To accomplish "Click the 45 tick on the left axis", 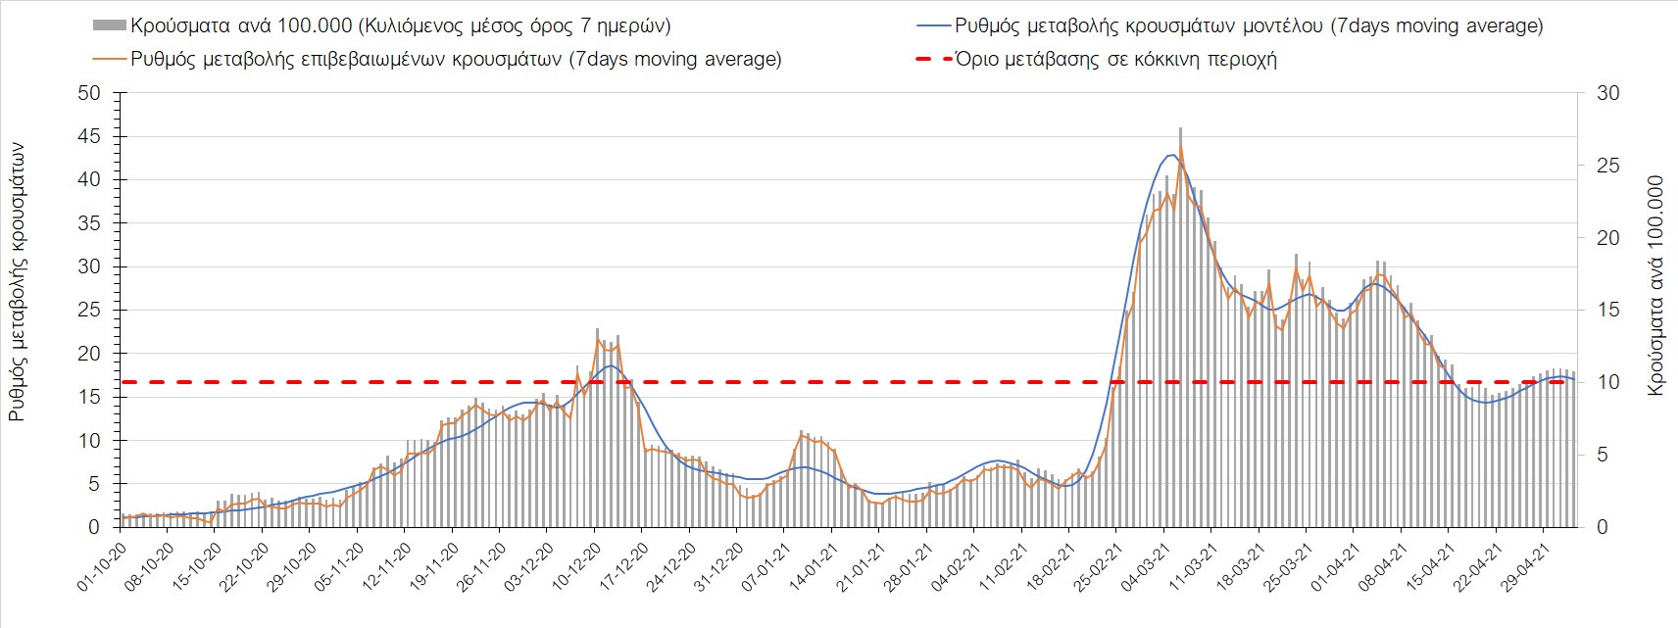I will pyautogui.click(x=89, y=136).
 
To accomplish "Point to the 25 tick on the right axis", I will pyautogui.click(x=1608, y=166).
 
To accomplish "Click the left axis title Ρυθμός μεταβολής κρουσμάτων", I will pyautogui.click(x=17, y=282).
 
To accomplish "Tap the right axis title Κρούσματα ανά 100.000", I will pyautogui.click(x=1655, y=285).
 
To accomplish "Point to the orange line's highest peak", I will pyautogui.click(x=1181, y=149).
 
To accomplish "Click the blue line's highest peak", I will pyautogui.click(x=1171, y=155).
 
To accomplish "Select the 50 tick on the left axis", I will pyautogui.click(x=89, y=93).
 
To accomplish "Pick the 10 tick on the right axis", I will pyautogui.click(x=1608, y=382).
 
